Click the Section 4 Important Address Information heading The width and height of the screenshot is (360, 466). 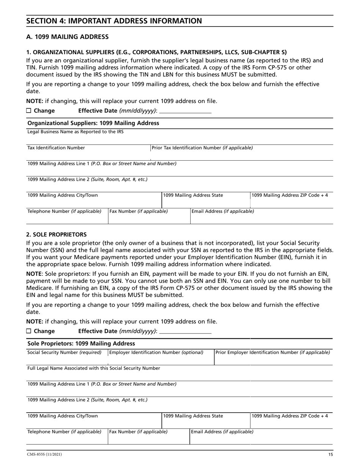click(114, 21)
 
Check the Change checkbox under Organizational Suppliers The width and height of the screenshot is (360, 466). click(29, 111)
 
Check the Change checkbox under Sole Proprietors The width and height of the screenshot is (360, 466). click(29, 331)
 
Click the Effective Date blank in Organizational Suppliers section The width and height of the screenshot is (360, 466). click(185, 111)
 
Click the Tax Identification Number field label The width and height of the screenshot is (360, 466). click(56, 148)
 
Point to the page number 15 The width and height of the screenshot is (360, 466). click(330, 455)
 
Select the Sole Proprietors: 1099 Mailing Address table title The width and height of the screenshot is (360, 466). click(81, 344)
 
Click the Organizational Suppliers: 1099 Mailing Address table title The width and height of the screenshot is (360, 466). click(94, 123)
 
